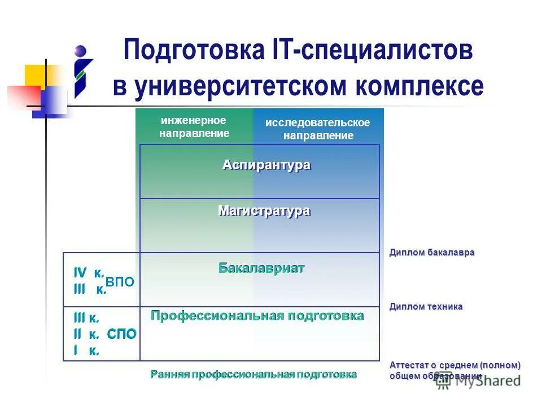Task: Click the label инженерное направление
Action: click(x=194, y=127)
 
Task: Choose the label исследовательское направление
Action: click(x=318, y=129)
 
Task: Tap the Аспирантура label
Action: click(x=266, y=165)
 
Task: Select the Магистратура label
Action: click(x=264, y=211)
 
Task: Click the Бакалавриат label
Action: click(x=261, y=268)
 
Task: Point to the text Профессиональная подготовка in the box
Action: click(x=257, y=316)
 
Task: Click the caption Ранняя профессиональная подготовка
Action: click(x=253, y=374)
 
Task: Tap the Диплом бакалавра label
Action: click(x=431, y=253)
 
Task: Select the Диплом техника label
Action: click(x=426, y=307)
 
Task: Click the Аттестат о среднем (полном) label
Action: click(x=454, y=365)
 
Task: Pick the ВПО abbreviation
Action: click(x=120, y=282)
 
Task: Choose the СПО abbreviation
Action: click(x=121, y=334)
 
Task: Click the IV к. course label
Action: click(x=89, y=273)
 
